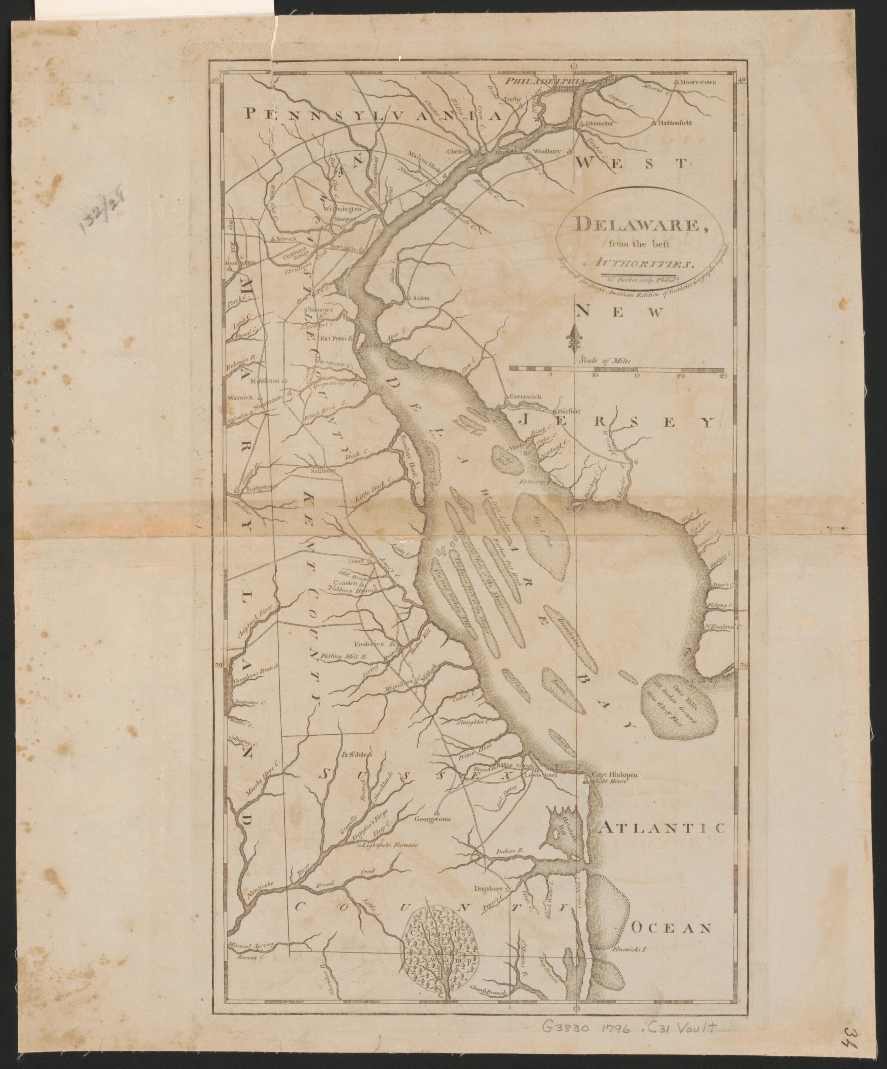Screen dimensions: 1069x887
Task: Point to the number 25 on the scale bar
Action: coord(723,376)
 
